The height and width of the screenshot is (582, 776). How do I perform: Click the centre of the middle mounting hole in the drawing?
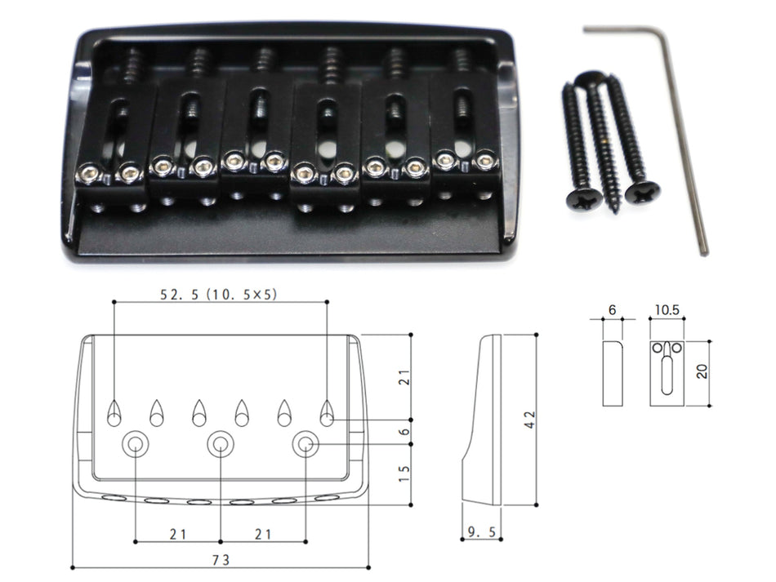click(x=221, y=444)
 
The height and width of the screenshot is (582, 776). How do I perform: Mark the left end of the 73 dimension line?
click(x=73, y=567)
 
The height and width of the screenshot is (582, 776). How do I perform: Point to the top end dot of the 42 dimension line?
click(x=537, y=335)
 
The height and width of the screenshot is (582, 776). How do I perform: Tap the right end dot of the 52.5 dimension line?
click(x=327, y=301)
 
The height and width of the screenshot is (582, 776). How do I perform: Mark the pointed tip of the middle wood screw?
click(x=614, y=212)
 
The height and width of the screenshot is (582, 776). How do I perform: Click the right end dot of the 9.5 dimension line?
click(x=502, y=539)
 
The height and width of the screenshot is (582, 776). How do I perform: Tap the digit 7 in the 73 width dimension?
click(x=216, y=560)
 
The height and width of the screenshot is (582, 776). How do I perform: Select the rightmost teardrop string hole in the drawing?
click(x=327, y=413)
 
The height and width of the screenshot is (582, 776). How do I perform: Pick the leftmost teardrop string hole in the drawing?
click(x=114, y=413)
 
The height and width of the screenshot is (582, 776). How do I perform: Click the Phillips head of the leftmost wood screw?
click(x=584, y=199)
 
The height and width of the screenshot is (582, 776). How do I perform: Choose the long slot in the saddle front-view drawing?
click(x=667, y=375)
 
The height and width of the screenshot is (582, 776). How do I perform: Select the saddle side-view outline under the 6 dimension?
click(x=613, y=373)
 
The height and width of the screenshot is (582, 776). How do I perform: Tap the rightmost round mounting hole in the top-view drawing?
click(x=305, y=444)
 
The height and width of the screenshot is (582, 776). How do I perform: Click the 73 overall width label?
click(x=221, y=560)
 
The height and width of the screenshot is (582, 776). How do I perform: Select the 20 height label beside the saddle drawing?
click(x=702, y=371)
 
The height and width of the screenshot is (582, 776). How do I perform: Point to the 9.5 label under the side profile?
click(x=482, y=532)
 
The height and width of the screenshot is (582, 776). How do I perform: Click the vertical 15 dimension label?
click(x=404, y=474)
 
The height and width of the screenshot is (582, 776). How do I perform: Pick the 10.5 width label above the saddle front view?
click(x=667, y=310)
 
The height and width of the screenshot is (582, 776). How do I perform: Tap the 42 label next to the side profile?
click(x=529, y=420)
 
